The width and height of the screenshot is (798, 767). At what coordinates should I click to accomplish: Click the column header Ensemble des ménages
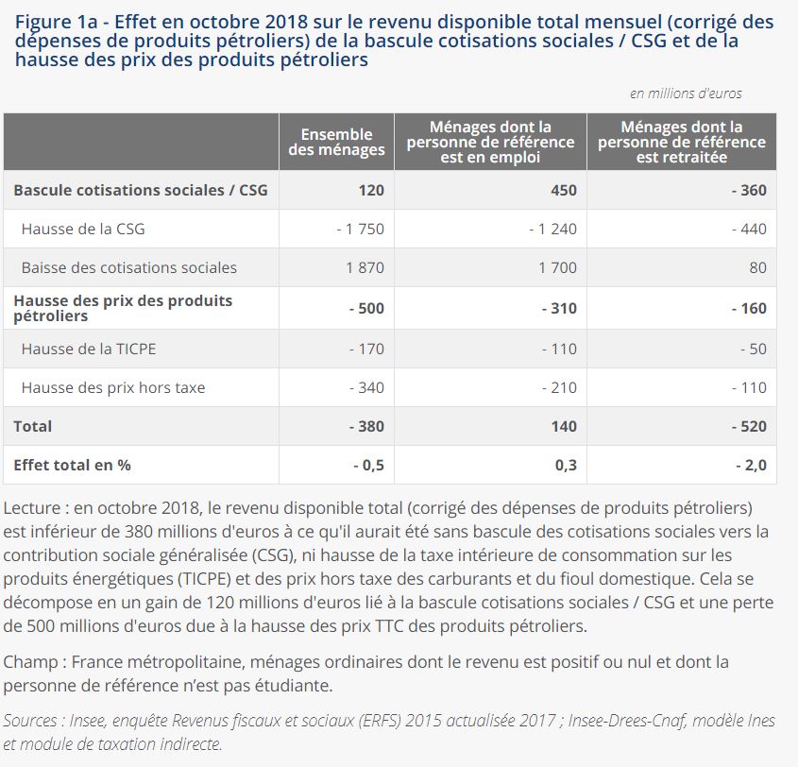[336, 142]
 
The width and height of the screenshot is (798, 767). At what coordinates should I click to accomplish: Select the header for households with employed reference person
[490, 142]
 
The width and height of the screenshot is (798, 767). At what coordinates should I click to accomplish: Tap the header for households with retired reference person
[681, 142]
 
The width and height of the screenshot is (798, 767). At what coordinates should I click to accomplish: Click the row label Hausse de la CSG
[83, 229]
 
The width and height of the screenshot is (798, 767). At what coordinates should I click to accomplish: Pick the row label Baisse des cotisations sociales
[128, 267]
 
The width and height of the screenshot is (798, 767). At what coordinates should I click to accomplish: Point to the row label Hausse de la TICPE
[89, 349]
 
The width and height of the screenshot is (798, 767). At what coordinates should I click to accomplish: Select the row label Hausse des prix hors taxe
[112, 387]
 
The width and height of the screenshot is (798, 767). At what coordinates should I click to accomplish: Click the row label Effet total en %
[72, 465]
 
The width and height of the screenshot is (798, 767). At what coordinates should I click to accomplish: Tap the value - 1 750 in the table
[360, 229]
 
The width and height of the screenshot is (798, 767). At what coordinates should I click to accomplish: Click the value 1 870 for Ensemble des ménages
[365, 267]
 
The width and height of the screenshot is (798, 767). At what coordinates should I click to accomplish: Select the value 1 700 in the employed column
[557, 267]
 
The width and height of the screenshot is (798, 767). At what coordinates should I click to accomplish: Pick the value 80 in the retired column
[757, 267]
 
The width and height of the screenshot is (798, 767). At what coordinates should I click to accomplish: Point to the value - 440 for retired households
[748, 229]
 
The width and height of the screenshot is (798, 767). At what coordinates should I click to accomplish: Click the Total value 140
[563, 426]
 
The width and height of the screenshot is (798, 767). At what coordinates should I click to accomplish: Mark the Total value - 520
[748, 426]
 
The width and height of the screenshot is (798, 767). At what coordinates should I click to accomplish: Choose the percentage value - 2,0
[750, 465]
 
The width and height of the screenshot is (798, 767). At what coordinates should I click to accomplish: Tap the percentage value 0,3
[565, 465]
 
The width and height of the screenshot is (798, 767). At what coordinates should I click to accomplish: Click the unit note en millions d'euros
[686, 94]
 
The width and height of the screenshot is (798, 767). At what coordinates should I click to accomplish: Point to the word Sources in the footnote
[29, 721]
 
